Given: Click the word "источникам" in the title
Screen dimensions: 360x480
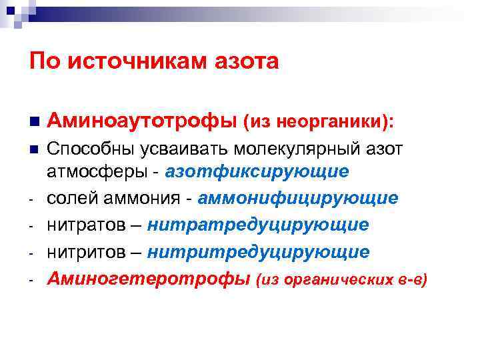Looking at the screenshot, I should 139,62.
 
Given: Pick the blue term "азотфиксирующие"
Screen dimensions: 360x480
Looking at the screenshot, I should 257,171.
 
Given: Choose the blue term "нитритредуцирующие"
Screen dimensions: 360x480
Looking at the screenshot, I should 258,251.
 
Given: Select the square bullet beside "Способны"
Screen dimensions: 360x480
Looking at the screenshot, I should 33,149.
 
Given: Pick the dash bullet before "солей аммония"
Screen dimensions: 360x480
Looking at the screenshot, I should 32,200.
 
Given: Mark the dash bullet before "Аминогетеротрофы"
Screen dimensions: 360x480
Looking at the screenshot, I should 32,280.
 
